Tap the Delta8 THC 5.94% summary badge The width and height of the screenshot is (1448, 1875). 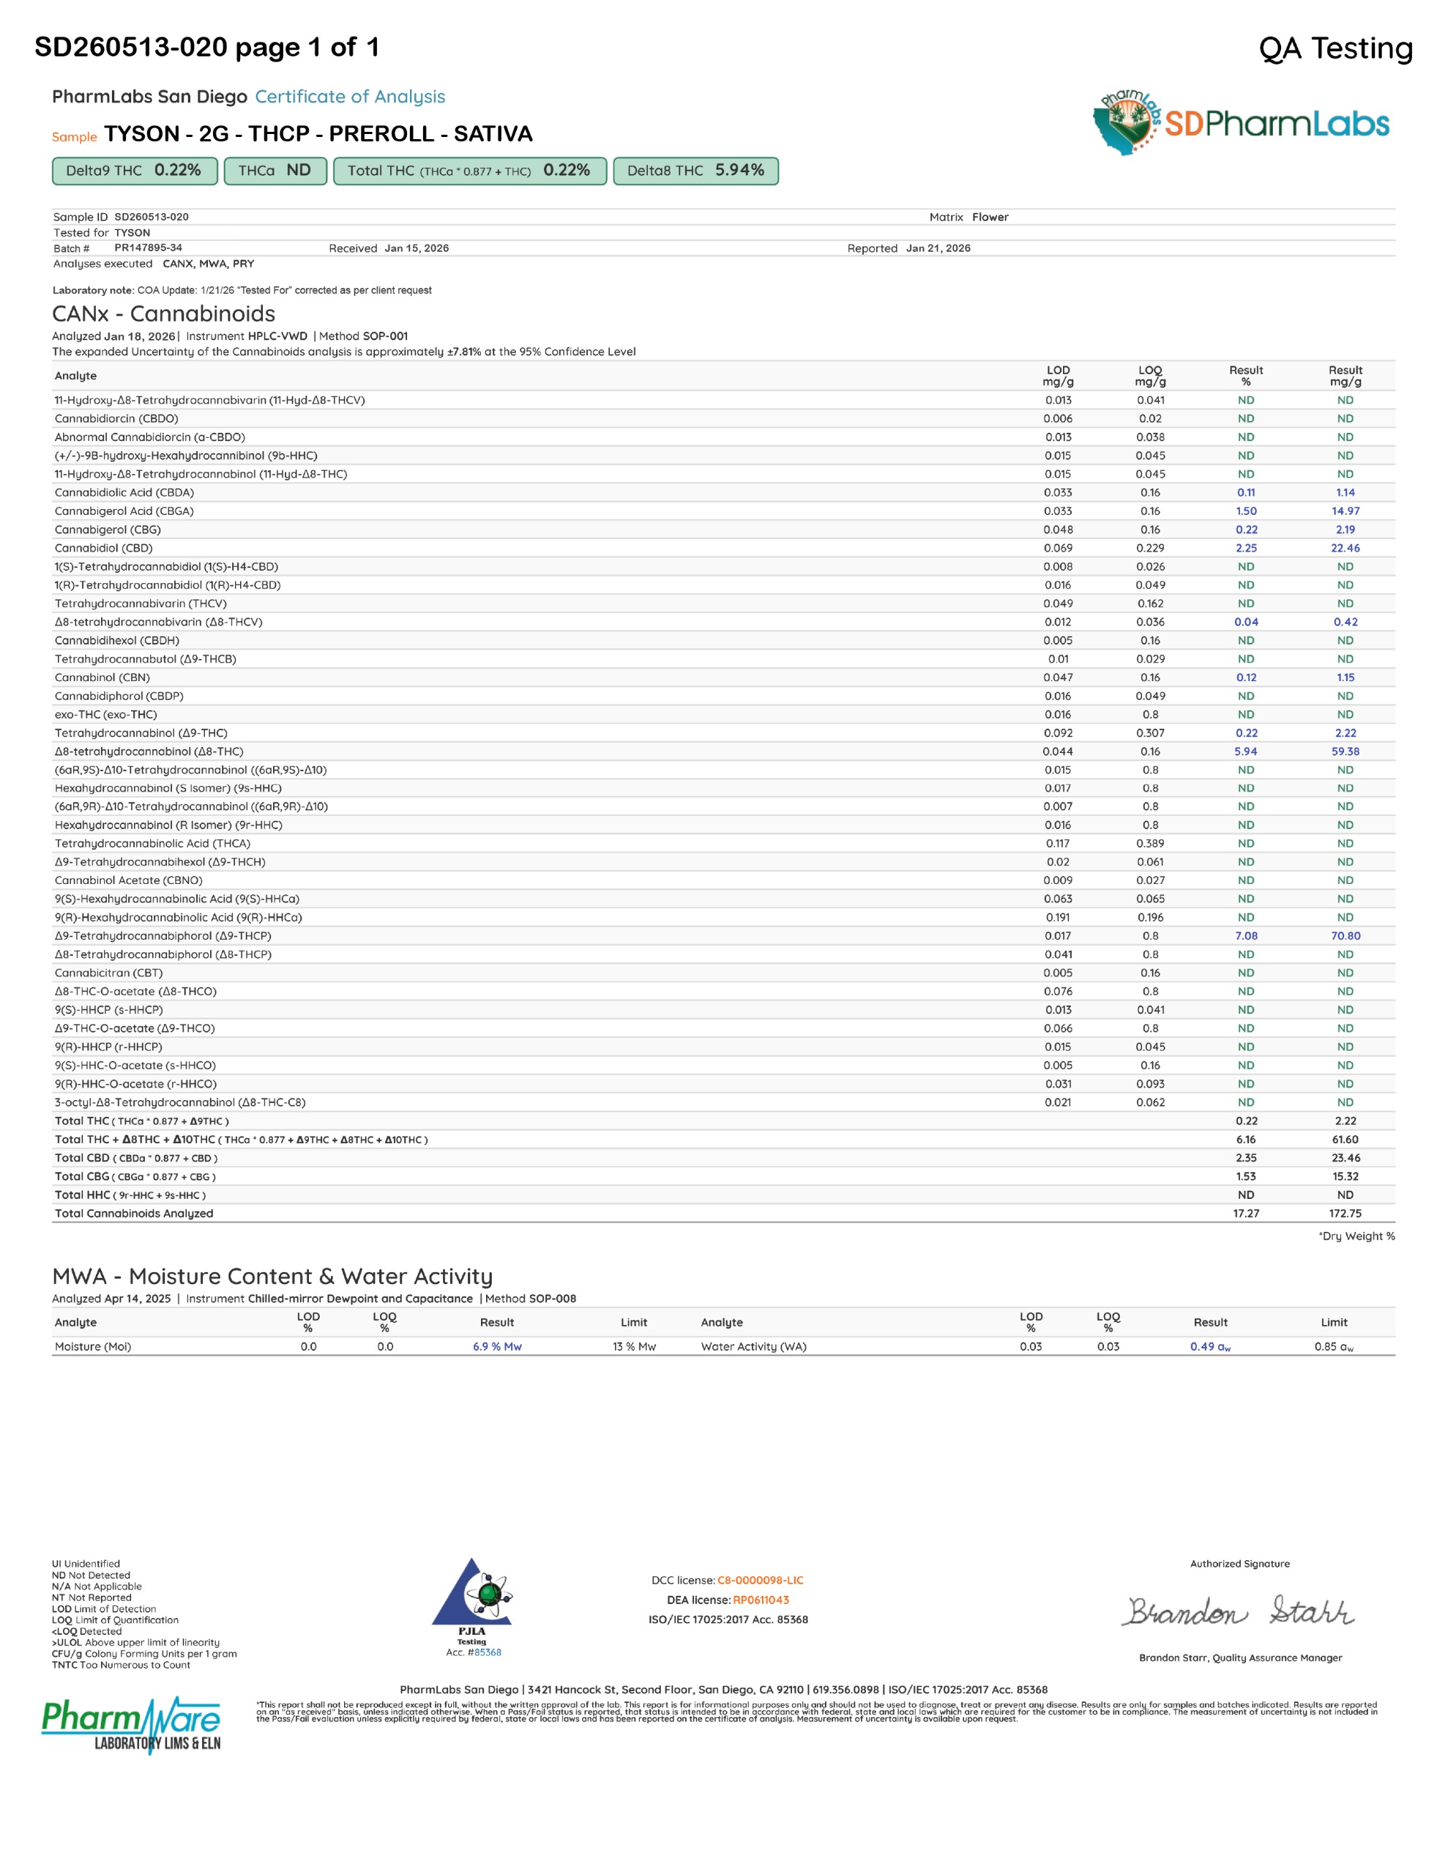pos(695,171)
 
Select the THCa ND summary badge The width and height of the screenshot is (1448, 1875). pos(275,171)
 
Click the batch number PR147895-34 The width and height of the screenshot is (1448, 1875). pos(148,248)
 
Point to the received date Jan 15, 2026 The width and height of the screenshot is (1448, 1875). pos(417,248)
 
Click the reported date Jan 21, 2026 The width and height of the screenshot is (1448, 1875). pos(938,248)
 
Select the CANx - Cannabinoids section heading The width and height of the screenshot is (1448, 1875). pos(164,313)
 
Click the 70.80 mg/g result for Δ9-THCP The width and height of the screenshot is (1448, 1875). pos(1345,936)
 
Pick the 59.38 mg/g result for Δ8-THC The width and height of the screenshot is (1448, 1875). pos(1345,751)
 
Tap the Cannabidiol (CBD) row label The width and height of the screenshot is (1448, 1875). pos(104,548)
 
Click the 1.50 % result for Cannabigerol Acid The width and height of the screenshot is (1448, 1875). pos(1246,510)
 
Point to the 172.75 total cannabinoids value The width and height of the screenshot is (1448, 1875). pos(1345,1213)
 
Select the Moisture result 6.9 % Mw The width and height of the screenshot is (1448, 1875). pos(497,1346)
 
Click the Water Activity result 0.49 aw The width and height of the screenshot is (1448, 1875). pos(1210,1346)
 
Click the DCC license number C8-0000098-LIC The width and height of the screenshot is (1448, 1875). pos(760,1581)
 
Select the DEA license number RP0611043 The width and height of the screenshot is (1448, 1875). pos(761,1600)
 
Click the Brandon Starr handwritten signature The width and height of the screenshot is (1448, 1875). pos(1239,1611)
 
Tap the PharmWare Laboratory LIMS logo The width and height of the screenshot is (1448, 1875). pos(131,1724)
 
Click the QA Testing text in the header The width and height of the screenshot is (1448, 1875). pos(1335,48)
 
